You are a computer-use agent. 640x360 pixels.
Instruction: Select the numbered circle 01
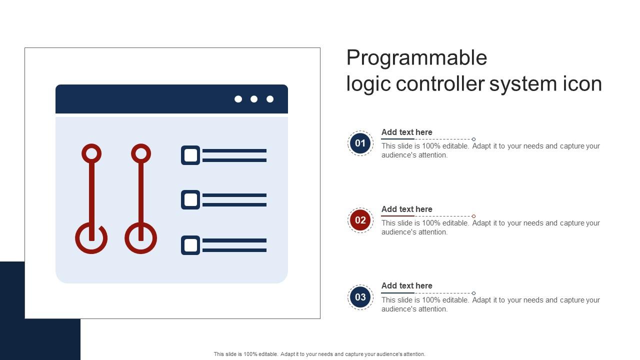(x=360, y=143)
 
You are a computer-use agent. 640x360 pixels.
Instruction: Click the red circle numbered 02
(x=360, y=220)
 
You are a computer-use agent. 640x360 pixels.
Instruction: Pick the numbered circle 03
(x=360, y=297)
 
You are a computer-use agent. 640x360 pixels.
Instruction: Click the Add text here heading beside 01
(x=406, y=132)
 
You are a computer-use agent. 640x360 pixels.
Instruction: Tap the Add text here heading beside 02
(x=406, y=209)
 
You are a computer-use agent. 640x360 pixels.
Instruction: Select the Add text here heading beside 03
(x=406, y=285)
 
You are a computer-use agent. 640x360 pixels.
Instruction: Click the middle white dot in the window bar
(x=253, y=99)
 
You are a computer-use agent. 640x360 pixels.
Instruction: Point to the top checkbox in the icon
(x=190, y=155)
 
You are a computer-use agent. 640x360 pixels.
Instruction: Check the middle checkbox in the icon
(x=190, y=199)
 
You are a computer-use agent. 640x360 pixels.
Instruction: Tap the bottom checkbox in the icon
(x=190, y=245)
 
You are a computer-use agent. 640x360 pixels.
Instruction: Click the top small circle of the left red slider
(x=91, y=144)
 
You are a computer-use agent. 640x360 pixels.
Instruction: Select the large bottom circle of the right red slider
(x=141, y=253)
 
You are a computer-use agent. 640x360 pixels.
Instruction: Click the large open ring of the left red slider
(x=91, y=253)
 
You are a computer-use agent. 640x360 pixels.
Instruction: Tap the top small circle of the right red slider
(x=141, y=144)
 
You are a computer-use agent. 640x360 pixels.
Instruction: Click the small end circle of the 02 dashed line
(x=473, y=216)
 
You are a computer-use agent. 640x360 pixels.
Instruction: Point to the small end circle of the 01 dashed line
(x=473, y=139)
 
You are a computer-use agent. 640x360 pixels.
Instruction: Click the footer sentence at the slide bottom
(x=319, y=354)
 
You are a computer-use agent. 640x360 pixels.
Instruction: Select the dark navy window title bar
(x=171, y=99)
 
